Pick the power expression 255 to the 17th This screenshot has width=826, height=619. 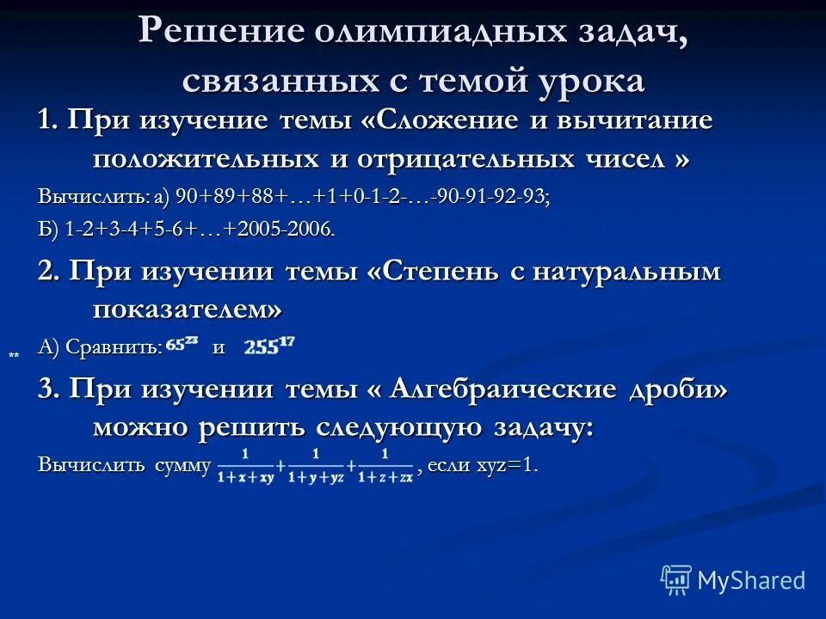[x=269, y=346]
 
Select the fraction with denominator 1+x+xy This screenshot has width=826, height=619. [x=245, y=465]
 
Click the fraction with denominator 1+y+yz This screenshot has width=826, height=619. [x=316, y=465]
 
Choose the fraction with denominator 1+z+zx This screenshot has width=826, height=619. [x=385, y=465]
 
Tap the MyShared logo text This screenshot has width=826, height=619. [x=750, y=580]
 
